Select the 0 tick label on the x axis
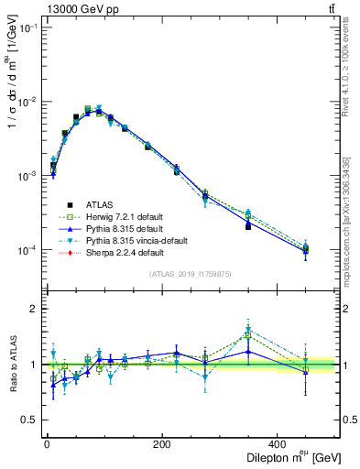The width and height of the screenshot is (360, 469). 47,444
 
